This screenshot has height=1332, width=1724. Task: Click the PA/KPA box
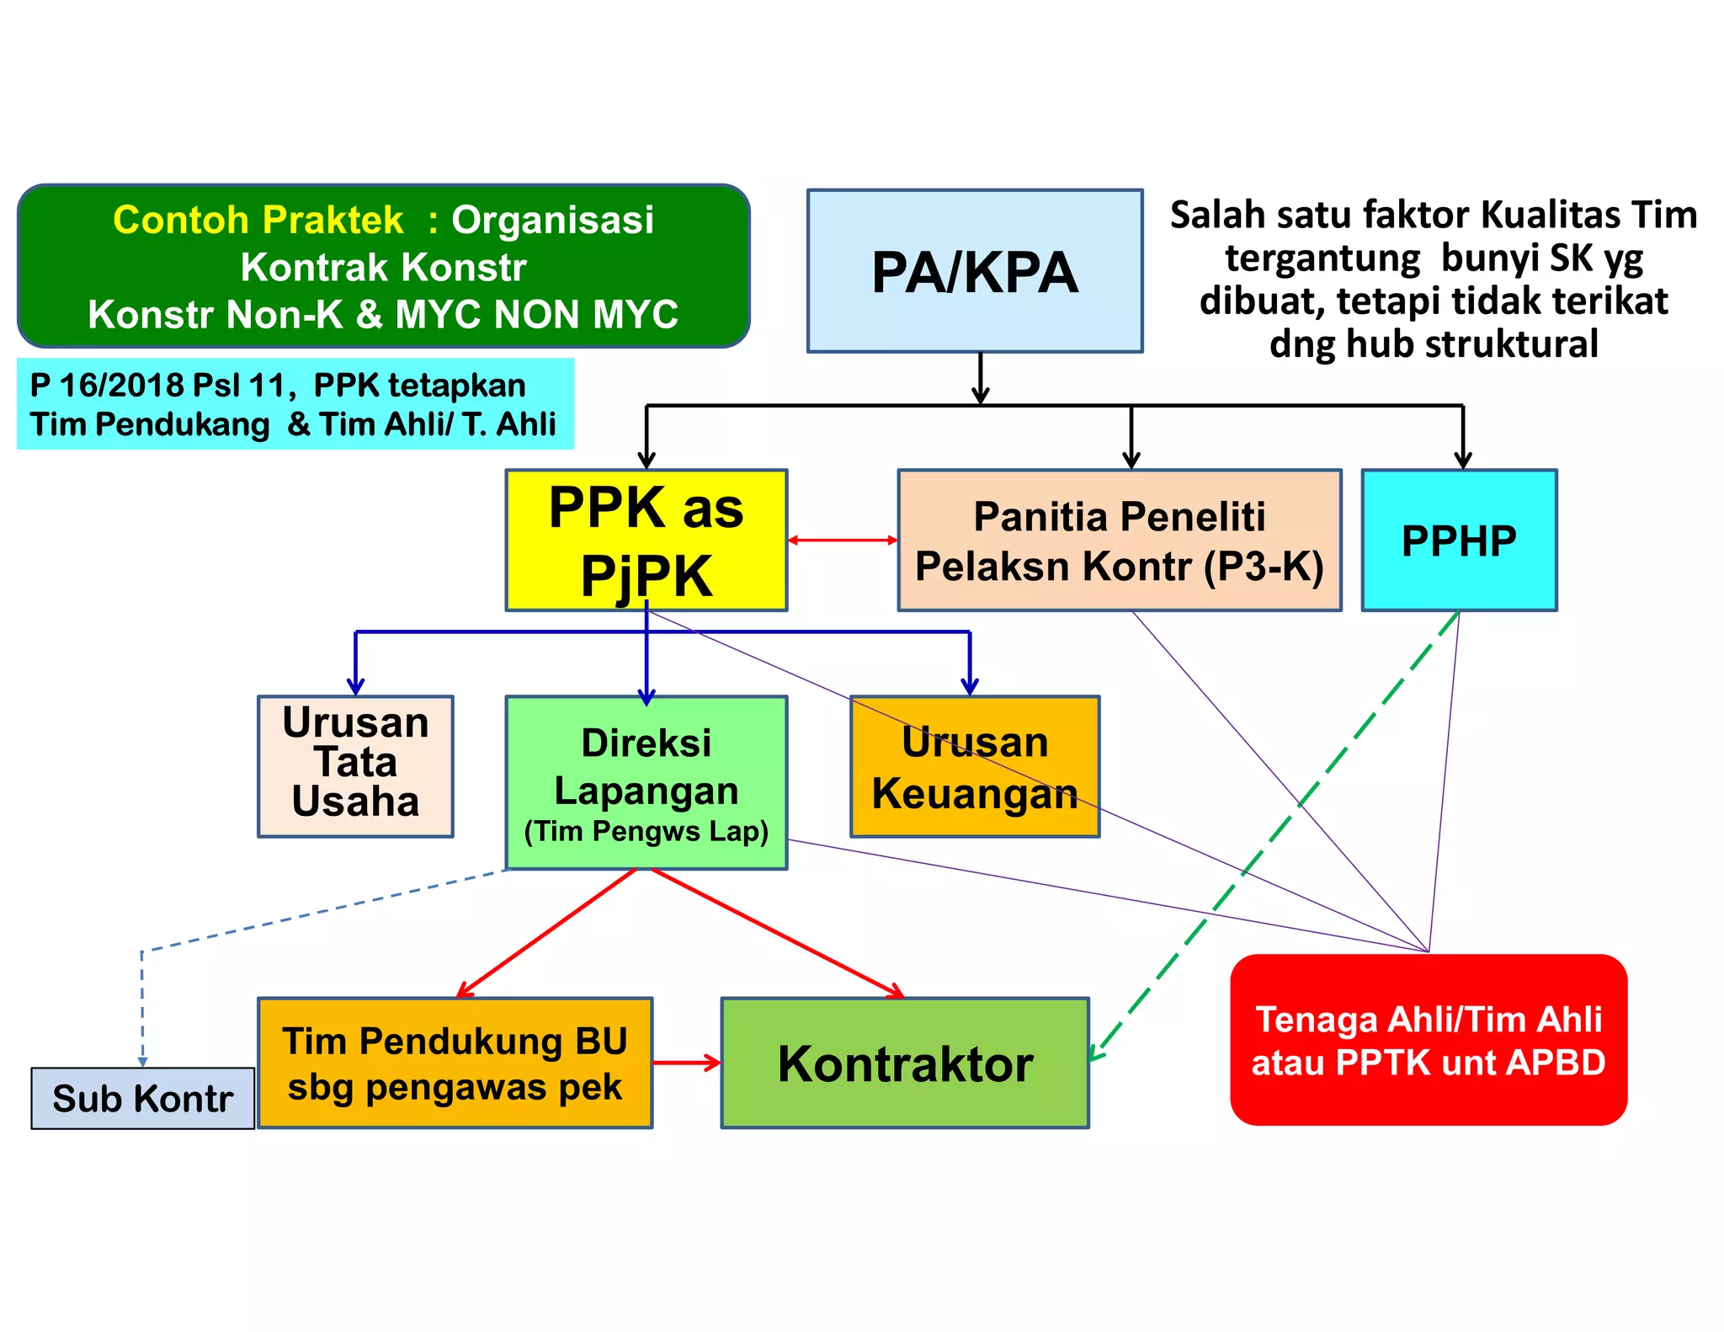click(x=974, y=270)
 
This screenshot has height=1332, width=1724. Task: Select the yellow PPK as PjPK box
click(x=646, y=540)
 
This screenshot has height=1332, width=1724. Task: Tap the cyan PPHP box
click(x=1459, y=540)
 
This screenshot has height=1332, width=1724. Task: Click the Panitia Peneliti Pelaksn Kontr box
click(x=1119, y=540)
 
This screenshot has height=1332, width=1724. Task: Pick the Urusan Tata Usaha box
click(x=355, y=765)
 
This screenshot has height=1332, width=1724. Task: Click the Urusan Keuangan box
click(x=974, y=765)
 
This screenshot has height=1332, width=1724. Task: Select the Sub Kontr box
click(x=142, y=1098)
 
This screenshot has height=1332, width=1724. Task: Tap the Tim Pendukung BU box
click(x=455, y=1063)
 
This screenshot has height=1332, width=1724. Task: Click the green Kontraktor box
click(x=905, y=1063)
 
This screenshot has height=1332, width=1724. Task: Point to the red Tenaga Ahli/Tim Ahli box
click(x=1428, y=1040)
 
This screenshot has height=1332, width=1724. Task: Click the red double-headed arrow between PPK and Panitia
click(x=843, y=540)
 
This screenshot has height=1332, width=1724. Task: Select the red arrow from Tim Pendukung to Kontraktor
click(x=686, y=1063)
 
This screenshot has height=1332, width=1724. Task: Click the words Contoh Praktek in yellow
click(x=258, y=220)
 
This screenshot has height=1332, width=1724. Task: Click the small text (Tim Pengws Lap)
click(x=646, y=831)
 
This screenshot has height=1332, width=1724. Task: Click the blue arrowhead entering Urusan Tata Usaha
click(x=355, y=686)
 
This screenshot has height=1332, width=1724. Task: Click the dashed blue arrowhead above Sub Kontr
click(x=142, y=1061)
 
